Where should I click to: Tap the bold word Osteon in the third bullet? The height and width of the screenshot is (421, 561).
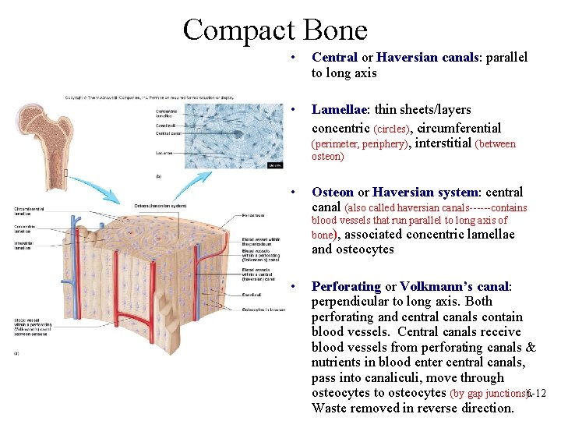click(333, 192)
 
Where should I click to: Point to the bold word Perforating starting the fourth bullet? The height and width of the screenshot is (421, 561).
click(346, 286)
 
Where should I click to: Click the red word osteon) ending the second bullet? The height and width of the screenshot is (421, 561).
click(327, 157)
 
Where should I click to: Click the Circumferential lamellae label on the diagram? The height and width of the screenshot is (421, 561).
click(28, 210)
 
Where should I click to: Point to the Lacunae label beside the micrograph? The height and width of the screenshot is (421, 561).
click(164, 153)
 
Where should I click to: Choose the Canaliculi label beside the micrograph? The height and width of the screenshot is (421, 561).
click(166, 125)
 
